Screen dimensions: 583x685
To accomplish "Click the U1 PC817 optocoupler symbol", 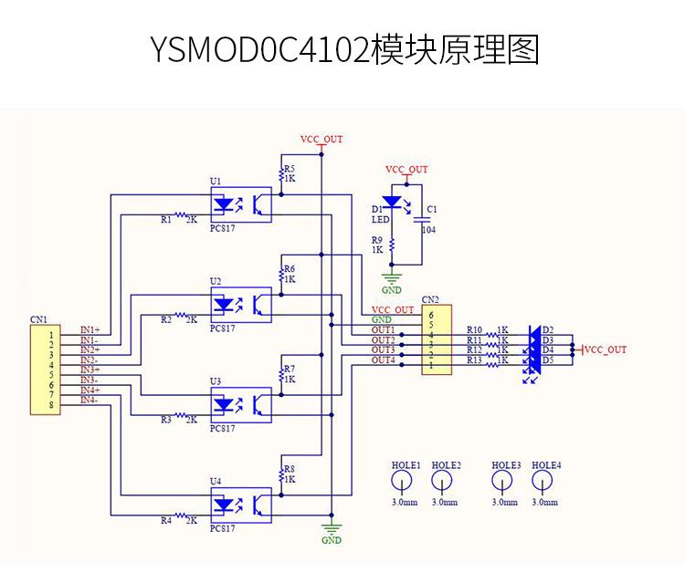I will [x=241, y=204].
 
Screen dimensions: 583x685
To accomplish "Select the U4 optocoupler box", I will [x=241, y=504].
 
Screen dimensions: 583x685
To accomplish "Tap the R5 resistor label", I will [x=290, y=169].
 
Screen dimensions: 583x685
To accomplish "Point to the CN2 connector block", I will [x=436, y=339].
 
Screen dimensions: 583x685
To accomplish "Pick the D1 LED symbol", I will [x=393, y=202].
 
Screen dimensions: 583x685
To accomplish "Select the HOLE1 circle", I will [x=406, y=484].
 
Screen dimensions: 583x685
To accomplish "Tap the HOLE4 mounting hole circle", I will [x=546, y=484].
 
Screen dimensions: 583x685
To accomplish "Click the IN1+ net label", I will [x=90, y=329].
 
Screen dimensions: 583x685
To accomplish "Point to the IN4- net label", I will [x=90, y=400].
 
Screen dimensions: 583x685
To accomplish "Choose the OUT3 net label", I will [x=384, y=350].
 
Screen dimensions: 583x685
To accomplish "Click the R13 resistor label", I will [x=474, y=360].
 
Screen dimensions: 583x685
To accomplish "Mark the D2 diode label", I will [x=548, y=329].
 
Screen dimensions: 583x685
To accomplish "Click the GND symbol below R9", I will [x=392, y=280].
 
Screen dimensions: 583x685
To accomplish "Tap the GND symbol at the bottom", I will [x=332, y=532].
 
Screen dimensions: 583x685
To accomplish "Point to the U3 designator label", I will [x=216, y=380].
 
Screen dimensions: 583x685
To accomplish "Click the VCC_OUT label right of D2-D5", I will [x=606, y=349].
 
